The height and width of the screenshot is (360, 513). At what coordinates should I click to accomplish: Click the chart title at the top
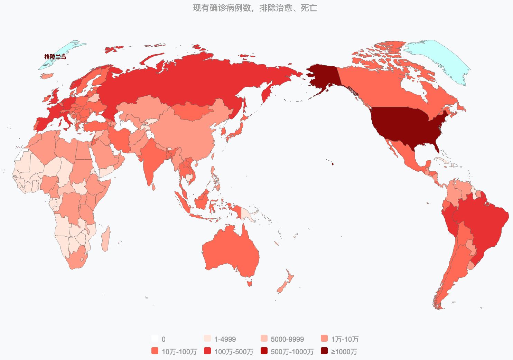[255, 8]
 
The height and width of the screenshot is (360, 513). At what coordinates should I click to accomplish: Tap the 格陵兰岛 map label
[55, 57]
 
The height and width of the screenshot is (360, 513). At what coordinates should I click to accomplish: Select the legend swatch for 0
[155, 339]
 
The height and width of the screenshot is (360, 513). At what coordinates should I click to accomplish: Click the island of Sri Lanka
[153, 187]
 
